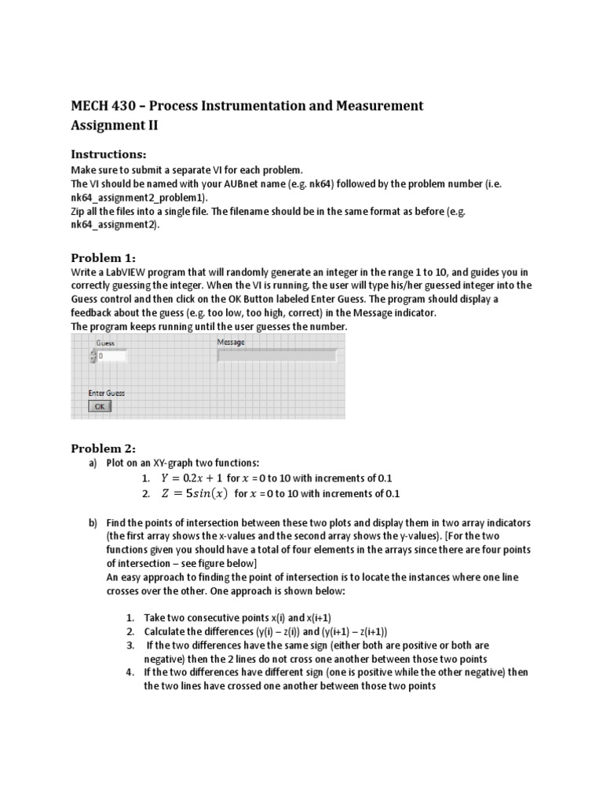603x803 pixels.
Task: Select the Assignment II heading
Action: click(119, 125)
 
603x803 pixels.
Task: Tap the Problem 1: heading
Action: click(104, 258)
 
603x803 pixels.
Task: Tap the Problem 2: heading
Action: click(104, 449)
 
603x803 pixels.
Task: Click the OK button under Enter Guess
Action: click(100, 406)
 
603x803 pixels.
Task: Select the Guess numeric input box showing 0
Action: click(111, 356)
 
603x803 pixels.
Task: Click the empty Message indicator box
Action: click(276, 356)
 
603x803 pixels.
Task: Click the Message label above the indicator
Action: click(230, 343)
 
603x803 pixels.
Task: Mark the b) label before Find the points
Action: click(93, 522)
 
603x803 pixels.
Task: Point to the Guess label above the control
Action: click(105, 343)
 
